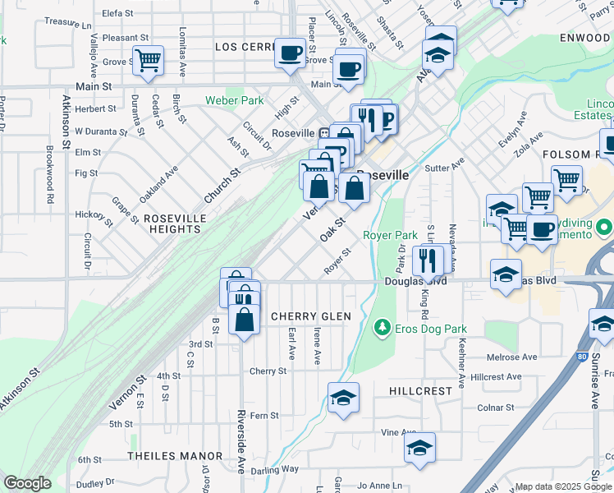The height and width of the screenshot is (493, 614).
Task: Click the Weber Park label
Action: pos(234,101)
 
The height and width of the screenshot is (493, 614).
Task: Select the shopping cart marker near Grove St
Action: pos(148,60)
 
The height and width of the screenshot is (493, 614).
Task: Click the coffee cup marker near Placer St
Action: pos(289,53)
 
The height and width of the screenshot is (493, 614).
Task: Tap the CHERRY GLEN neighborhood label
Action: pos(310,316)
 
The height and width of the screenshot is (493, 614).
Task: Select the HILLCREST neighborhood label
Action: pos(420,393)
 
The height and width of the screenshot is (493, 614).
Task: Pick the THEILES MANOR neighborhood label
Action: pos(175,455)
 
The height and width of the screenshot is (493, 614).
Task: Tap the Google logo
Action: pos(27,483)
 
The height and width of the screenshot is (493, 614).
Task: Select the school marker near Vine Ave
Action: pos(419,449)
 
